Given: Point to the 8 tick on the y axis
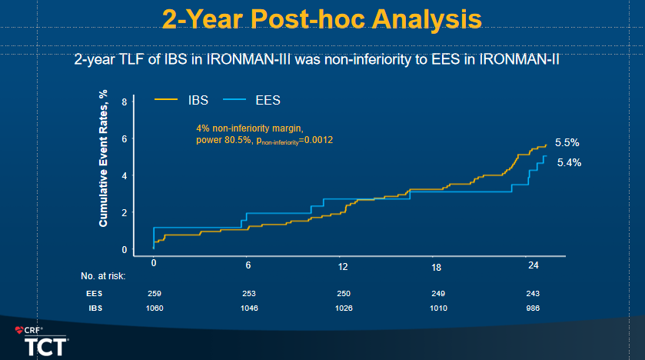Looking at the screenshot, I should coord(124,102).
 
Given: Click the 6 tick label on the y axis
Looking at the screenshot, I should coord(124,138).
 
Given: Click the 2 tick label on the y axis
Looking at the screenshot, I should coord(124,212).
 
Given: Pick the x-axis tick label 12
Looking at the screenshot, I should coord(343,266).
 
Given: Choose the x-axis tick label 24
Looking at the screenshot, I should coord(532,265).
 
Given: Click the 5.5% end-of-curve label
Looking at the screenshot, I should coord(567,142).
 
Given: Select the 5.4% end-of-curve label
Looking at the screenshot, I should coord(569,162).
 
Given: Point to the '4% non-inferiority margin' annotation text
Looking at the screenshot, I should coord(251,127).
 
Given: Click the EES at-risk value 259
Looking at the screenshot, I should coord(154,293).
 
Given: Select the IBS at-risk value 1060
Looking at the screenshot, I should coord(154,308).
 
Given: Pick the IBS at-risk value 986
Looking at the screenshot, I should coord(532,308).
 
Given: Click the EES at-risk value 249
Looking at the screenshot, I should coord(437,293).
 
